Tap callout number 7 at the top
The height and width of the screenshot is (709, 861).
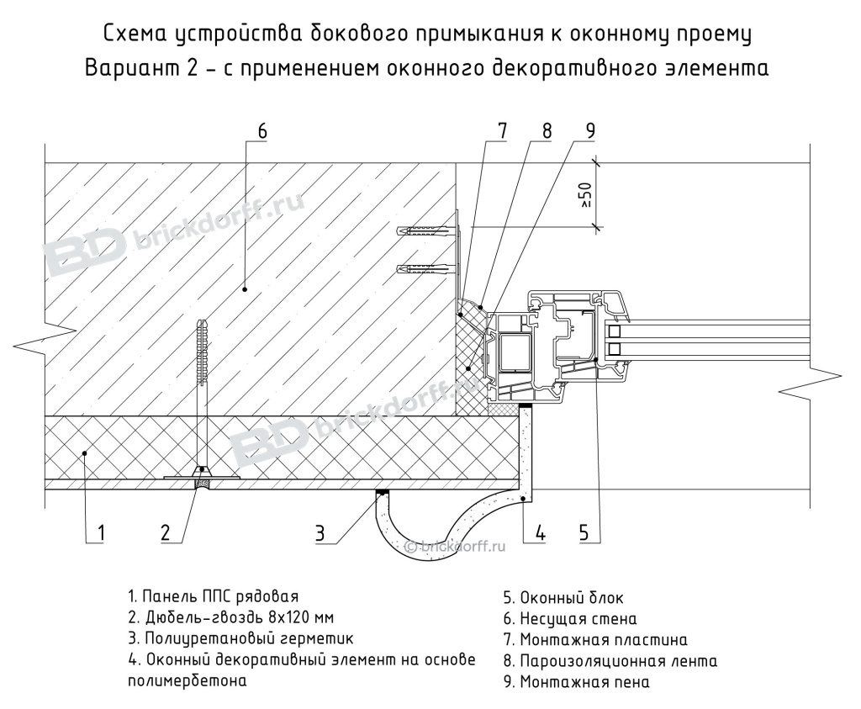pos(502,131)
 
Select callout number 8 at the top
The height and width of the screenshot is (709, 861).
pos(547,131)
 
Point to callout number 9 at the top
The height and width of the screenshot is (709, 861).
pos(589,131)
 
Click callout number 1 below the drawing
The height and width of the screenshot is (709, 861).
pos(100,532)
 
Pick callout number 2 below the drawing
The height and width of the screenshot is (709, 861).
pos(166,532)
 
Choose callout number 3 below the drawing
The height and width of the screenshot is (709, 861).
pos(320,532)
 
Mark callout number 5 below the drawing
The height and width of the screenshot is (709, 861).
pos(584,532)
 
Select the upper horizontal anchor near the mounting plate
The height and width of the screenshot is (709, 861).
pos(425,230)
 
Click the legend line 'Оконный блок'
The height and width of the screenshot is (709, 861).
pos(563,599)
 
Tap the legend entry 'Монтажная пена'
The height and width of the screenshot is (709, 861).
pos(576,681)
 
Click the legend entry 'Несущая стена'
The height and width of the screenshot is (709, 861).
pos(563,620)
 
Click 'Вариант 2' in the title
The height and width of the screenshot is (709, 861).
pos(139,68)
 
